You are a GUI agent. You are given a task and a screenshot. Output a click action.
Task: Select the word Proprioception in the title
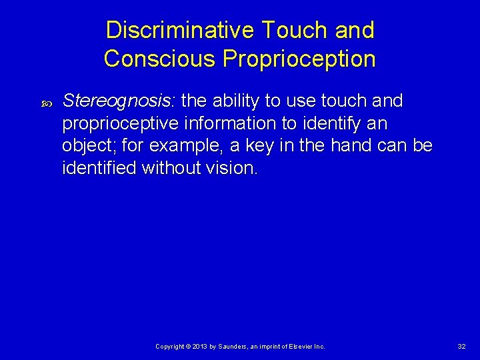299,59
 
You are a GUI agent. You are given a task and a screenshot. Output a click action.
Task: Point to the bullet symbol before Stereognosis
46,103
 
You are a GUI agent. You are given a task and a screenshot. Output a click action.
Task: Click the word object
87,145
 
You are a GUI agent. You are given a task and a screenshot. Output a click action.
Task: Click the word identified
99,167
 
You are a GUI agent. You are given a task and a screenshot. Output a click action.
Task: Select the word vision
233,167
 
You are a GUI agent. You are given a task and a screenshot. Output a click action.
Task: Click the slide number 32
461,347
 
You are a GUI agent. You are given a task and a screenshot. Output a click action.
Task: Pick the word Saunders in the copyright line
231,347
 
